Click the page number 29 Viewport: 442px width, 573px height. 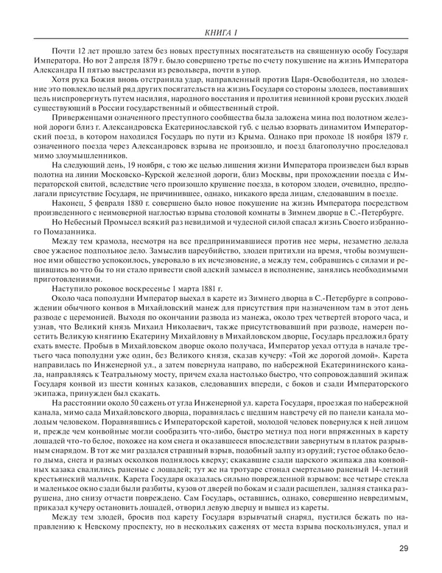[402, 548]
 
